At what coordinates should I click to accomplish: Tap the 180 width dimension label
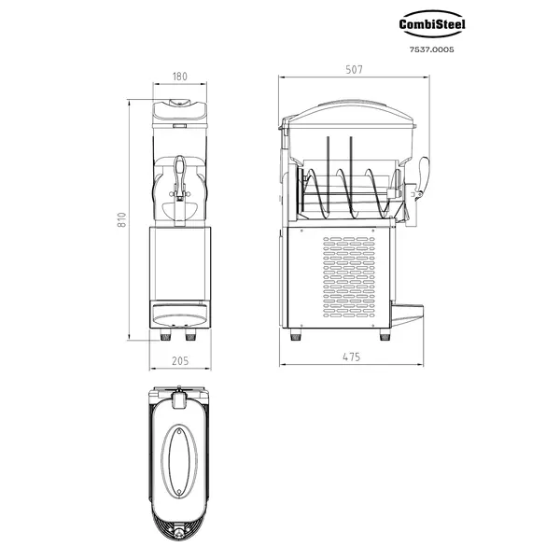(x=181, y=77)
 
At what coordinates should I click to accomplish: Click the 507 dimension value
(x=355, y=70)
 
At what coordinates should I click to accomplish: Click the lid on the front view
(x=181, y=112)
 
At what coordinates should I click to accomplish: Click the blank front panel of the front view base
(x=181, y=266)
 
